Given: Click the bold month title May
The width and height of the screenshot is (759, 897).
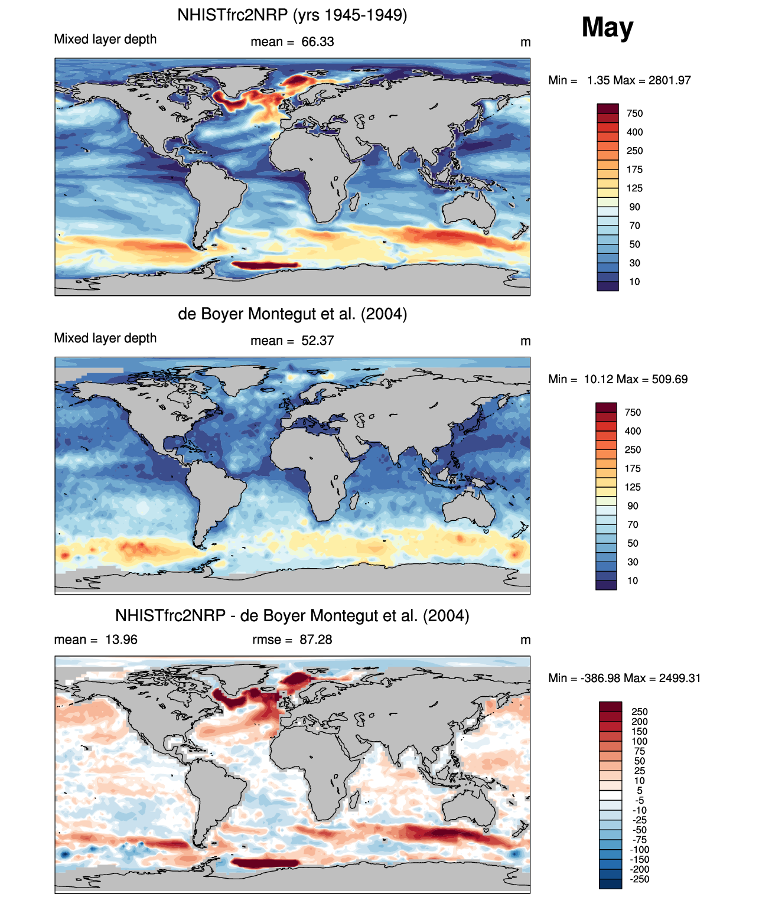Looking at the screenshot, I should (607, 27).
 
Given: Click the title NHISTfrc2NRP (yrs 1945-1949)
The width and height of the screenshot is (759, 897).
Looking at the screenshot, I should (292, 15).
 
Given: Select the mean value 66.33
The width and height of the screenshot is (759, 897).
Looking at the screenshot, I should (318, 42).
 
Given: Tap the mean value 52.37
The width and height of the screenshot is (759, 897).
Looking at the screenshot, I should (318, 341).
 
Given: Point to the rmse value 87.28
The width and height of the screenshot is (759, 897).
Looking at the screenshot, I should (316, 640).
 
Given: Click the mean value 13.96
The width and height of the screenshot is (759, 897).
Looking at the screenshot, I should (121, 640).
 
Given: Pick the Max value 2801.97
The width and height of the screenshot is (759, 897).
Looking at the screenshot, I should (669, 80).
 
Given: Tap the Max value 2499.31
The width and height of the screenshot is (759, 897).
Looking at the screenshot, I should (679, 678).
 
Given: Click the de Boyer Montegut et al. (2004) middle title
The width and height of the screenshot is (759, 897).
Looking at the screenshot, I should (292, 314).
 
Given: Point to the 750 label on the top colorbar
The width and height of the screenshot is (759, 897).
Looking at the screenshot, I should (634, 113).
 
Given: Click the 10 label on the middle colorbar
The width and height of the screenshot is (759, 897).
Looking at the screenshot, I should (633, 580).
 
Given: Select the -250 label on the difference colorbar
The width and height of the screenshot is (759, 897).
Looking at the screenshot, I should (640, 879).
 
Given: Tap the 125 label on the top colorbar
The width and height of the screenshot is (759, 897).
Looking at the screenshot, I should (634, 188).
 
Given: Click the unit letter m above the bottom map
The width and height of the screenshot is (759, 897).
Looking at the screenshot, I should (525, 640).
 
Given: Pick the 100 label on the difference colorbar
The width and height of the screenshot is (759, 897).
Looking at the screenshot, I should (640, 741).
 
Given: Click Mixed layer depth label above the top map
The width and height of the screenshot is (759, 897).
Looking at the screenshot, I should (105, 39).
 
